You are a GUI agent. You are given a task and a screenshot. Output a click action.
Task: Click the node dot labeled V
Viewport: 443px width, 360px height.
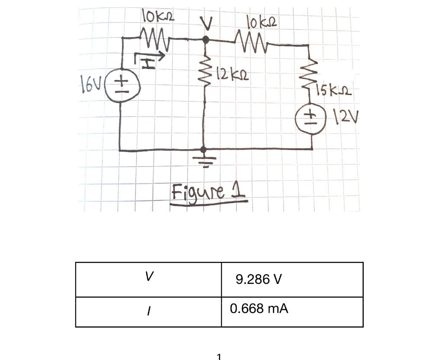click(206, 40)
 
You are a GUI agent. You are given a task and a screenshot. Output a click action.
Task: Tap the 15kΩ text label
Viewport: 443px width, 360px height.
click(334, 92)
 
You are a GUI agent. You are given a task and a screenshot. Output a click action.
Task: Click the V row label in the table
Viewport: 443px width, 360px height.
click(148, 277)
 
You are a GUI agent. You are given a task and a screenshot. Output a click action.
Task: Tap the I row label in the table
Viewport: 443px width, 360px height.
click(148, 310)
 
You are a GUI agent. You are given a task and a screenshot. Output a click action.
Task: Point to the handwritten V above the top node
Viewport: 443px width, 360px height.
click(207, 24)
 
